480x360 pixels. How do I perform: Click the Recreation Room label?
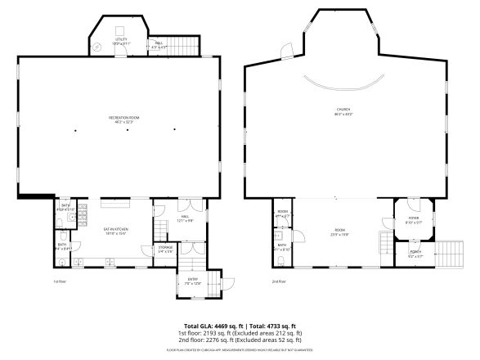coord(124,119)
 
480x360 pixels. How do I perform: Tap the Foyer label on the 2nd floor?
coord(414,219)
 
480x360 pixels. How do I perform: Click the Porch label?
coord(415,254)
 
